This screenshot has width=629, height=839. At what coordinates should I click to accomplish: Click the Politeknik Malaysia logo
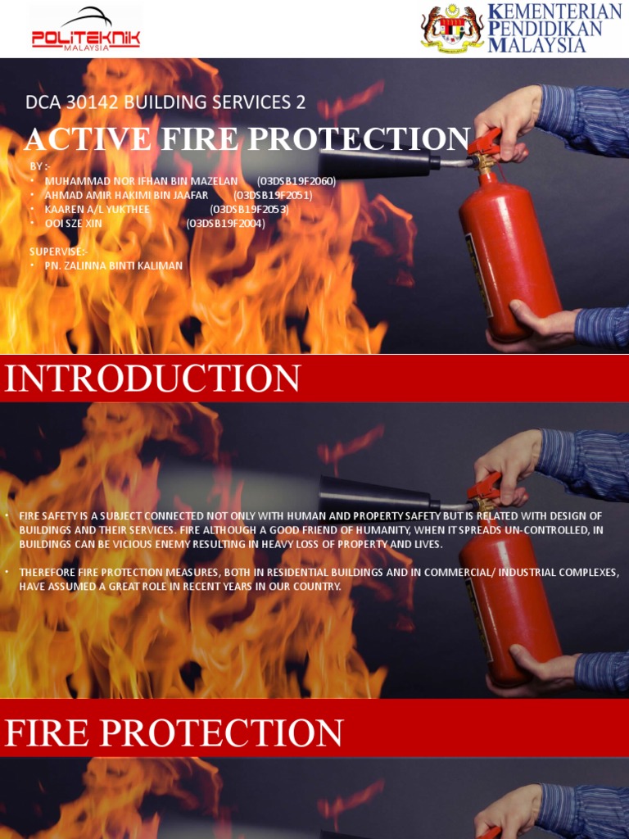pos(85,30)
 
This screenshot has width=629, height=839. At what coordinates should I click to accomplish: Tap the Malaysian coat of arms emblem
pos(451,29)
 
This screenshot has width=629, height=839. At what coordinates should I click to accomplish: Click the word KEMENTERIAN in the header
pos(554,12)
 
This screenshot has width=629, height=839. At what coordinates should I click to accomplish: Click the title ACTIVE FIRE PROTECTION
pos(247,139)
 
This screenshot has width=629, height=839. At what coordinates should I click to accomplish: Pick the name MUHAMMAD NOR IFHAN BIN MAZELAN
pos(141,181)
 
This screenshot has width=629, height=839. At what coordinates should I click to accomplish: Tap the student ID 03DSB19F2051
pos(273,195)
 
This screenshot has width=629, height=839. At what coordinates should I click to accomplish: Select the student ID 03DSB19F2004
pos(225,223)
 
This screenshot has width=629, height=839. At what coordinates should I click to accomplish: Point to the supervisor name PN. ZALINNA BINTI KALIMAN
pos(113,265)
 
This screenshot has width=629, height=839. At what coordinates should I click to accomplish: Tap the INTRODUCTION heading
pos(153,379)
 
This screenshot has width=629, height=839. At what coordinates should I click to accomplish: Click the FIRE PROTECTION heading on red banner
pos(174,732)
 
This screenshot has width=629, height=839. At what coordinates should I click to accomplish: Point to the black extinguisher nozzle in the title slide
pos(377,161)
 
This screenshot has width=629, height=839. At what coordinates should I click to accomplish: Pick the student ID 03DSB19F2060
pos(296,181)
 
